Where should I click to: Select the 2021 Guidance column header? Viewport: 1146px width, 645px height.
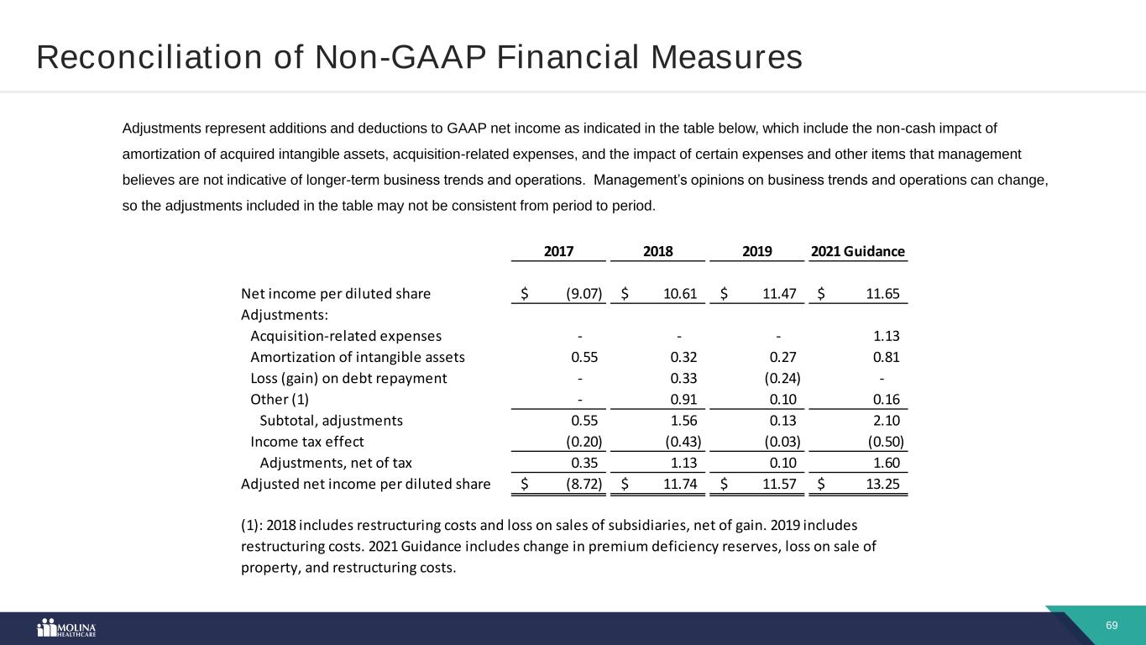857,251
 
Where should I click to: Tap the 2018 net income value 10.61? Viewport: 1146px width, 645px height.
681,293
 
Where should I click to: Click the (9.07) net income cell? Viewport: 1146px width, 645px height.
583,293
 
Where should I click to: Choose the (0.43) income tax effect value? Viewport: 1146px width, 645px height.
683,442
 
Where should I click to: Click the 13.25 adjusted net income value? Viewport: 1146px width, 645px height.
882,484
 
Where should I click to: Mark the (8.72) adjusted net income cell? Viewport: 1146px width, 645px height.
583,484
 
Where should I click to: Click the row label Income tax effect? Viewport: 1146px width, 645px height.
306,442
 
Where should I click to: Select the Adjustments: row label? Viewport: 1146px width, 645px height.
284,315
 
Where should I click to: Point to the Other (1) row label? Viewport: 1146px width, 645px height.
280,399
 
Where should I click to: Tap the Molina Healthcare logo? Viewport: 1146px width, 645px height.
67,628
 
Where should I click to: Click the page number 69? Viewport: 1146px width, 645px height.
1112,626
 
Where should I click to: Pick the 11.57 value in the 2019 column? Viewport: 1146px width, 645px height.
779,484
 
